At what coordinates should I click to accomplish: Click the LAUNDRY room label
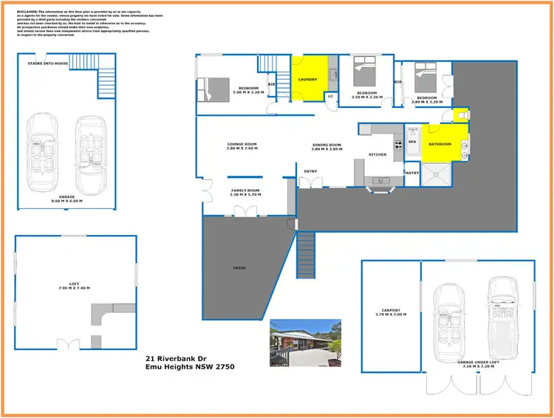click(x=307, y=79)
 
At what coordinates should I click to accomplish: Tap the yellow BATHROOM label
click(x=440, y=145)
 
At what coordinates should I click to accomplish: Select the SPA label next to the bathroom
click(x=411, y=141)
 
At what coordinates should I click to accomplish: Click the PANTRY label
click(x=411, y=173)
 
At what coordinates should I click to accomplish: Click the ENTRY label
click(x=311, y=171)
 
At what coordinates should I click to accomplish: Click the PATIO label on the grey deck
click(x=239, y=267)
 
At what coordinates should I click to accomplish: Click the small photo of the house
click(x=305, y=341)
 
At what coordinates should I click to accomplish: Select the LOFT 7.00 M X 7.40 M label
click(x=75, y=287)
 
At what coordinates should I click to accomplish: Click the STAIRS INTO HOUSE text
click(x=47, y=64)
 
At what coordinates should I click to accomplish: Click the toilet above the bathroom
click(x=462, y=114)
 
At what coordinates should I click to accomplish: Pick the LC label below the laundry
click(x=330, y=97)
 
